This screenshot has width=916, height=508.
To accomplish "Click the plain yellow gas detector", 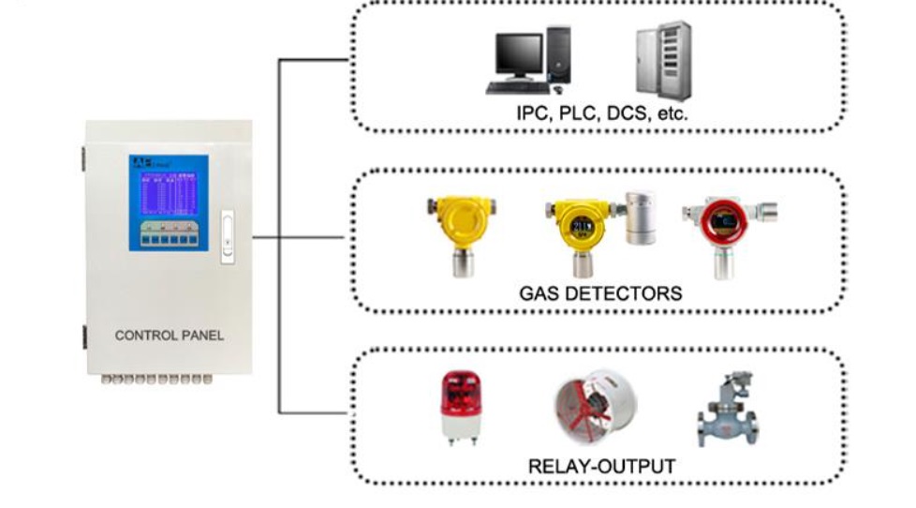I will [x=458, y=225].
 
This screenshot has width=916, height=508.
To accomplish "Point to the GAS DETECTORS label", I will [x=600, y=293].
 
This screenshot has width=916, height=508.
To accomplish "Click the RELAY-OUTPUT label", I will [x=601, y=466].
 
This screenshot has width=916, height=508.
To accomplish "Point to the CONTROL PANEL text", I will [x=170, y=335].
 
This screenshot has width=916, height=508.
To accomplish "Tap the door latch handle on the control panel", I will [x=226, y=238].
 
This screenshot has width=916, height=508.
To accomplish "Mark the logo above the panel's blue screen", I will [x=142, y=163].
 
